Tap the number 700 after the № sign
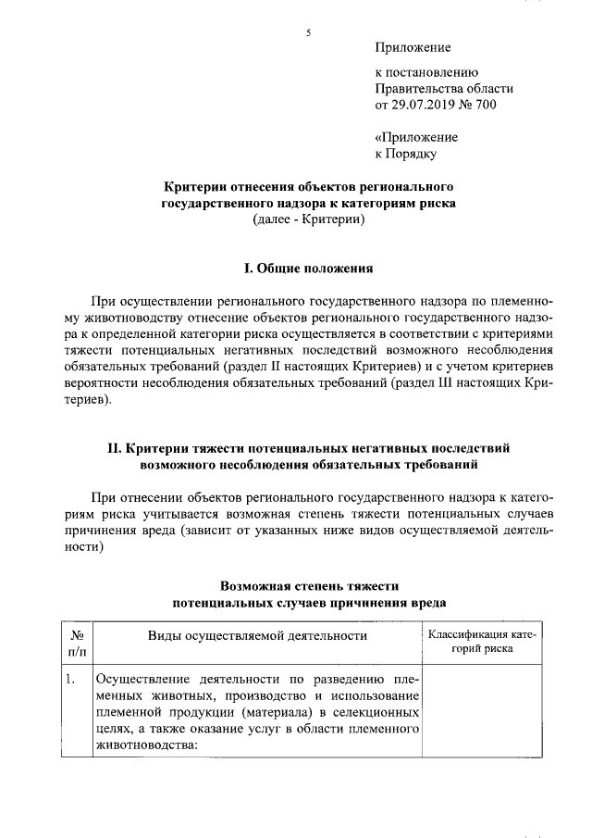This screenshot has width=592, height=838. (485, 105)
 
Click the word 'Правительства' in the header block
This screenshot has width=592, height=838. (417, 88)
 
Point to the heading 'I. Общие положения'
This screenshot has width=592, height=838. (308, 269)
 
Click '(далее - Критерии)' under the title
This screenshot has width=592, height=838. (308, 219)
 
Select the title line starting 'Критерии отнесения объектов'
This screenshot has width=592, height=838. (308, 186)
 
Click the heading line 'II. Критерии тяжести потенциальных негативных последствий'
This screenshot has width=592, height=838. (308, 447)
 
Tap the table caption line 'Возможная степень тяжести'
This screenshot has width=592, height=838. (308, 585)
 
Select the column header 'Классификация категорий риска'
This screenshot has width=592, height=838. (481, 642)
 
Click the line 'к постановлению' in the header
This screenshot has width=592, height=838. (425, 71)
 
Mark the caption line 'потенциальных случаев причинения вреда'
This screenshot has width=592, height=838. (308, 602)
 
